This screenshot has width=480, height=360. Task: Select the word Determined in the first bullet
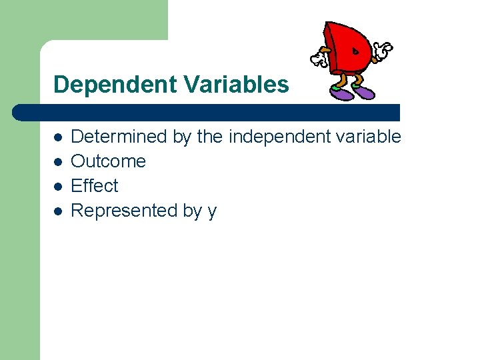119,137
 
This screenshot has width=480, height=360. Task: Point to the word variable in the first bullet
370,137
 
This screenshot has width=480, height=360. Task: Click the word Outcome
108,161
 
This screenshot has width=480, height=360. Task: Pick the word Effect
94,186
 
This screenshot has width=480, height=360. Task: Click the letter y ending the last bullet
212,212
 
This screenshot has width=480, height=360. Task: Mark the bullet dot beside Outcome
58,162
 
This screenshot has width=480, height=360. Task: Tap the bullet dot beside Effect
58,187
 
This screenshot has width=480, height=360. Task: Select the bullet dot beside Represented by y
58,211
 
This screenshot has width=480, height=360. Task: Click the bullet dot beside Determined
58,137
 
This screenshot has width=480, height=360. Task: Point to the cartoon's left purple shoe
342,95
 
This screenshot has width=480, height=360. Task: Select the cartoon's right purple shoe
364,92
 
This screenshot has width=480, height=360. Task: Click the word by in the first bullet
182,137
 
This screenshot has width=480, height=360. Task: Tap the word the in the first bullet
210,137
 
